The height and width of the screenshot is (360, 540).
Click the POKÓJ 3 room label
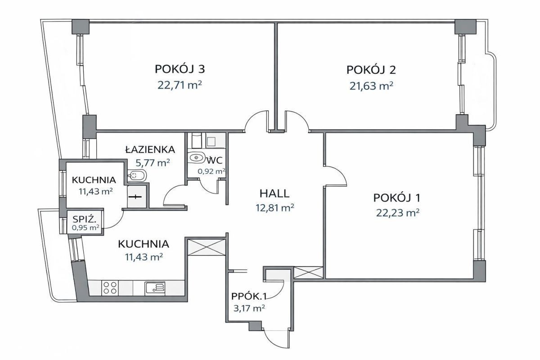tap(180, 69)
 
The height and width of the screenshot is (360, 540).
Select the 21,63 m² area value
tap(371, 86)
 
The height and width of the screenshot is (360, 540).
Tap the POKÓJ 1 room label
tap(396, 198)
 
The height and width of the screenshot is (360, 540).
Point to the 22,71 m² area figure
tap(180, 85)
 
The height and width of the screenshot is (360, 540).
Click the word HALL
tap(274, 193)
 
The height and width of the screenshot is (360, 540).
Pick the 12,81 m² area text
tap(274, 207)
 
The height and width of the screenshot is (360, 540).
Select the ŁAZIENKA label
tap(150, 149)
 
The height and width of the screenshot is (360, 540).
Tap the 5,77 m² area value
tap(153, 163)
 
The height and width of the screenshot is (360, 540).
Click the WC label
tap(214, 161)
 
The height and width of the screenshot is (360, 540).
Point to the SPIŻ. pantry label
tap(85, 220)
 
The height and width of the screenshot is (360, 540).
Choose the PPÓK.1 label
tap(249, 297)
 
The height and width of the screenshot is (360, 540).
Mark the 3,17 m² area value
tap(249, 308)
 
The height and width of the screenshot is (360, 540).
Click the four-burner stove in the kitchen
tap(110, 288)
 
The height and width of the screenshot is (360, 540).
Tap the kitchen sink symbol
tap(155, 288)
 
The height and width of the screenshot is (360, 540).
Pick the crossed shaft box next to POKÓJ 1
tap(308, 272)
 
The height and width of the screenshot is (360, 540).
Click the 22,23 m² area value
tap(398, 213)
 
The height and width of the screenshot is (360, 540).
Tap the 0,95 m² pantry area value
tap(85, 228)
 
